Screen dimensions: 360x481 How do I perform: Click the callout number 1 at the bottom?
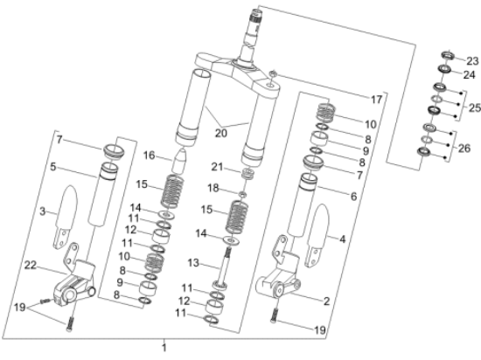pos(163,348)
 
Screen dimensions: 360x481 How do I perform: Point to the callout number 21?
pos(218,167)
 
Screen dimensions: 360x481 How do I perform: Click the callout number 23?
pos(472,60)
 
